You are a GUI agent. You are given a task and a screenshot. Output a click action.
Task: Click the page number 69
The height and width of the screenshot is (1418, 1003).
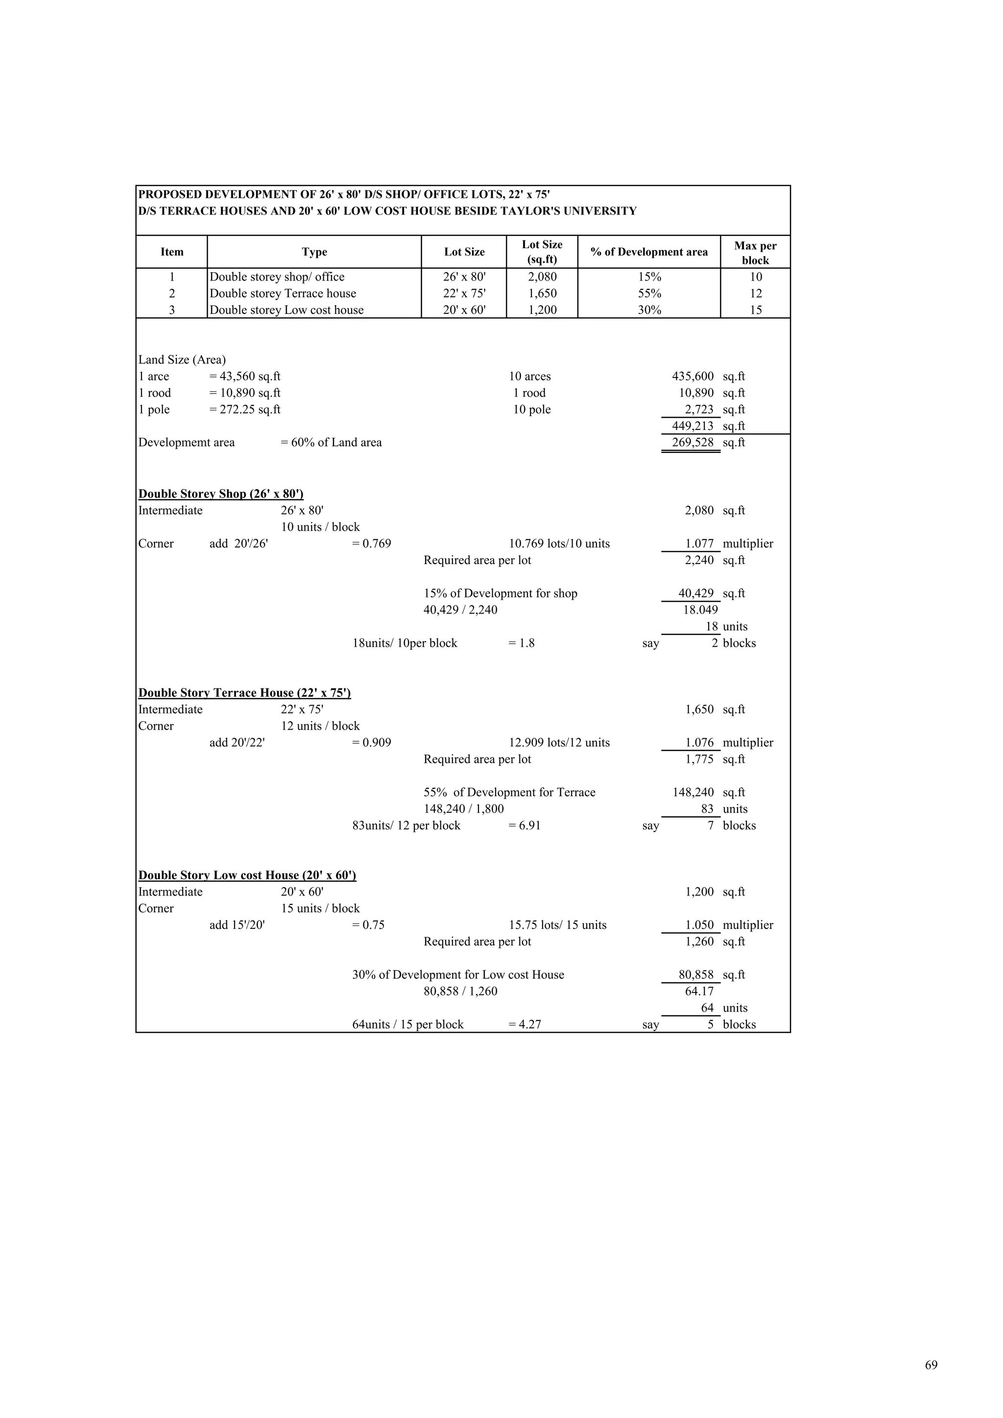931,1365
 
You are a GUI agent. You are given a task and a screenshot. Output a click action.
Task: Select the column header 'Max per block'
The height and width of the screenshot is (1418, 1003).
755,253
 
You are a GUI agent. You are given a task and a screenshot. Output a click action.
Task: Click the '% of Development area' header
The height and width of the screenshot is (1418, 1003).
648,252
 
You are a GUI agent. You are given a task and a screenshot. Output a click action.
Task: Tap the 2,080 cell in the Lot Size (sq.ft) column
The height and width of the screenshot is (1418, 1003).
542,277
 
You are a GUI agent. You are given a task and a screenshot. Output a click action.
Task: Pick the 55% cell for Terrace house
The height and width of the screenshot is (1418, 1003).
649,293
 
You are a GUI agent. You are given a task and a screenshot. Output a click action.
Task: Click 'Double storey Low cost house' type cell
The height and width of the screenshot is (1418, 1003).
287,310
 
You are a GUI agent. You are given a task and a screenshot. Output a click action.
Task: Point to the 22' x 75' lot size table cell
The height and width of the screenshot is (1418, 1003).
464,293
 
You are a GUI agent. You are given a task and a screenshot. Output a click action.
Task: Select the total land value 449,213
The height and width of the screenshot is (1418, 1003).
693,426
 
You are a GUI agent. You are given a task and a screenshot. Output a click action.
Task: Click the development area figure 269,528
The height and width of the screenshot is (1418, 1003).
693,443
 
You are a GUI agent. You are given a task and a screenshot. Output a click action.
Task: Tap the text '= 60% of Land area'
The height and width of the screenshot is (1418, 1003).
331,443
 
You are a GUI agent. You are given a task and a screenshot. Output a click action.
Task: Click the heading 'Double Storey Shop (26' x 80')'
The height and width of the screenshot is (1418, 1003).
220,494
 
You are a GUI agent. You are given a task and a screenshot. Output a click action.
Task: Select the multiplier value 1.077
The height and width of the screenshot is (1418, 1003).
699,544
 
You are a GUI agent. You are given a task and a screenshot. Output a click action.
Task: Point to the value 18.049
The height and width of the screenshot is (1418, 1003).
700,610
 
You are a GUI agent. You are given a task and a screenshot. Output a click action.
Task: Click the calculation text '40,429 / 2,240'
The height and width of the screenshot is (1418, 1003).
460,610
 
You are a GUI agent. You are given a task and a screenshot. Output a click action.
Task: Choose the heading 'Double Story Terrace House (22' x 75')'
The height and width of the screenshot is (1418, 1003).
244,693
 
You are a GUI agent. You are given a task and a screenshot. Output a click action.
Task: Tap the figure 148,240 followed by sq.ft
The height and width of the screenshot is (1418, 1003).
693,792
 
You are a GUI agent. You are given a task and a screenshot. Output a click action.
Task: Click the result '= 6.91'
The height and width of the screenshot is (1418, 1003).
525,826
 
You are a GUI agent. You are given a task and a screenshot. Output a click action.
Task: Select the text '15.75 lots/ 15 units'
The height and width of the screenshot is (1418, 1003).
557,925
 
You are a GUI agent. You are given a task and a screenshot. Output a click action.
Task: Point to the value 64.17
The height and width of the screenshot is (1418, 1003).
699,991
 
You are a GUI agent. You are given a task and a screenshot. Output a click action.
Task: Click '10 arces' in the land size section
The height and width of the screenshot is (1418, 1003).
529,377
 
